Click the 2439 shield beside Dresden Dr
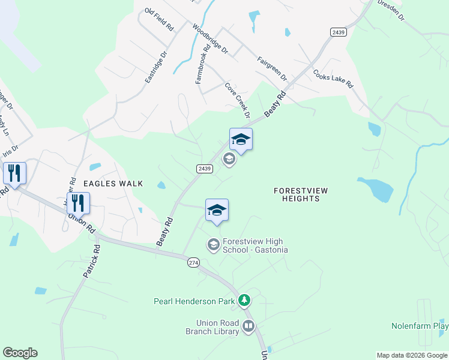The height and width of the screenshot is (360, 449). point(339,32)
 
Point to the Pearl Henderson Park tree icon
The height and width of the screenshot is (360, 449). point(244,300)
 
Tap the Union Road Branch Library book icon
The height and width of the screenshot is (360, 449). point(248,327)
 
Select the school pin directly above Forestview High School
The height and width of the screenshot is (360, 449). point(217,211)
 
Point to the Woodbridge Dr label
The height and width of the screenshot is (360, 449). point(210,40)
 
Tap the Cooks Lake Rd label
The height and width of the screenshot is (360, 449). point(333,78)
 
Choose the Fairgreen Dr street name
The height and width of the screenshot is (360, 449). point(273,70)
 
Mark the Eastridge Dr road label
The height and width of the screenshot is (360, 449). point(154,67)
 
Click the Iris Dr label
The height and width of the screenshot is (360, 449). point(11,150)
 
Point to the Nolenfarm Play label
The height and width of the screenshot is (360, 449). point(420,326)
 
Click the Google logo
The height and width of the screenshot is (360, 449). point(20,353)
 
